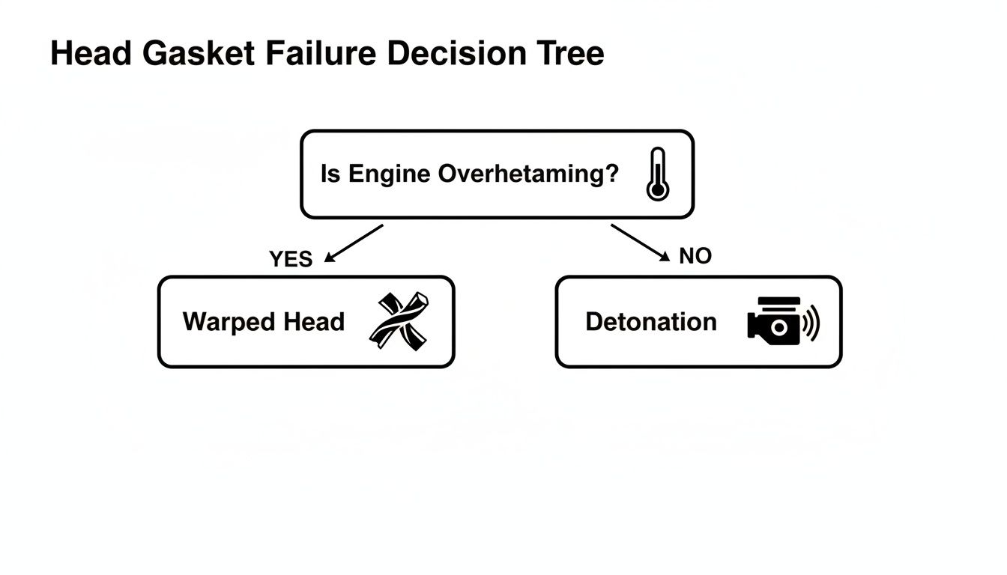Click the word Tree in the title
click(570, 54)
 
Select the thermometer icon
click(657, 174)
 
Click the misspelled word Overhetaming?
click(528, 174)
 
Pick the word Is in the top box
click(330, 174)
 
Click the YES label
click(290, 259)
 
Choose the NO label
click(695, 256)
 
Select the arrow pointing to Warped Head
click(353, 244)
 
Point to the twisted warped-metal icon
click(399, 321)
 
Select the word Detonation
click(650, 322)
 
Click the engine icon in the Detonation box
click(775, 321)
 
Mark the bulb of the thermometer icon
click(657, 190)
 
